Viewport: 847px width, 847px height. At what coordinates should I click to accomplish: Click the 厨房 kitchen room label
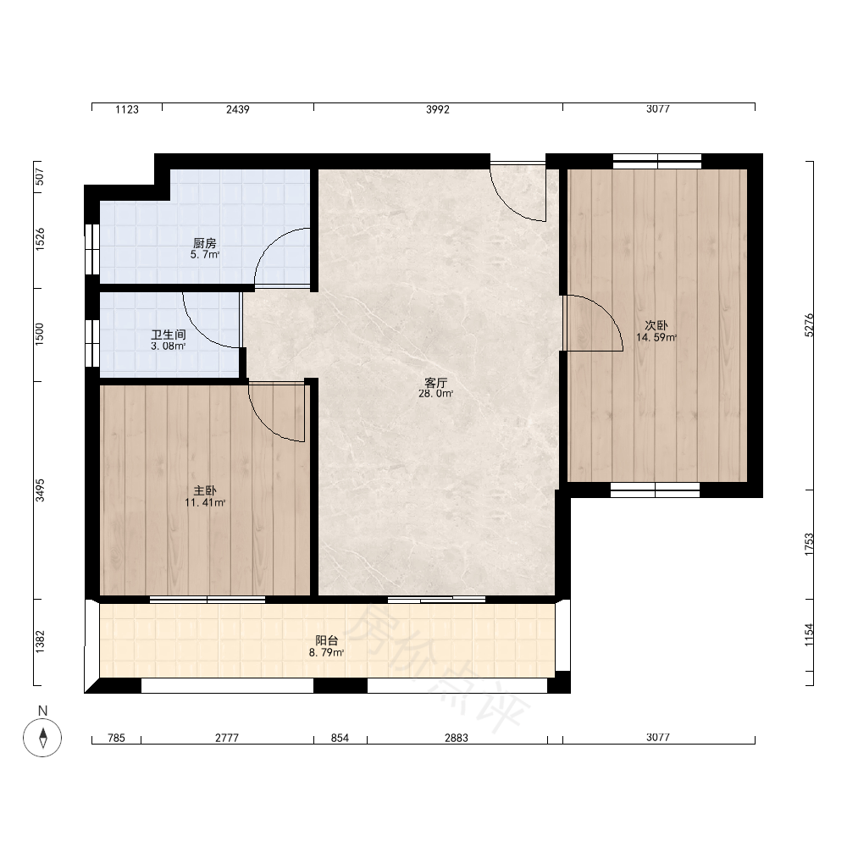pyautogui.click(x=205, y=244)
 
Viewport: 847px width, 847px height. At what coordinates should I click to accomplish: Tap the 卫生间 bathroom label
pyautogui.click(x=169, y=335)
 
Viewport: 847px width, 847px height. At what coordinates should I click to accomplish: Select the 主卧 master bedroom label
pyautogui.click(x=205, y=490)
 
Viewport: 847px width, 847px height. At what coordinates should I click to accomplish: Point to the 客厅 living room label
pyautogui.click(x=435, y=383)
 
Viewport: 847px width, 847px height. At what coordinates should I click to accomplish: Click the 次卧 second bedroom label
pyautogui.click(x=656, y=326)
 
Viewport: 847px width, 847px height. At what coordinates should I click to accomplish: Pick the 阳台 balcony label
pyautogui.click(x=326, y=640)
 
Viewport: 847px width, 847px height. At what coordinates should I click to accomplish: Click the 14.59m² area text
pyautogui.click(x=656, y=338)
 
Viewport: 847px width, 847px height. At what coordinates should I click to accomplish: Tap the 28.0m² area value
pyautogui.click(x=435, y=394)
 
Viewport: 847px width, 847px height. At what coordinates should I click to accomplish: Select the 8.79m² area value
pyautogui.click(x=326, y=652)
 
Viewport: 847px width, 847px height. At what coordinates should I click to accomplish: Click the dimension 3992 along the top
pyautogui.click(x=438, y=109)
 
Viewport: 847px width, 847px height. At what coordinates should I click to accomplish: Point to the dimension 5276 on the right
pyautogui.click(x=809, y=325)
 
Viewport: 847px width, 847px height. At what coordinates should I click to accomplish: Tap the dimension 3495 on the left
pyautogui.click(x=40, y=490)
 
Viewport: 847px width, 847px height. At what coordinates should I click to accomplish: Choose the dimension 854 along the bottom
pyautogui.click(x=340, y=738)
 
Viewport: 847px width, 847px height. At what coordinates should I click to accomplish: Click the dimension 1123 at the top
pyautogui.click(x=127, y=109)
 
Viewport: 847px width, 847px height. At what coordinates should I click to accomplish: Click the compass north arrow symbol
pyautogui.click(x=42, y=738)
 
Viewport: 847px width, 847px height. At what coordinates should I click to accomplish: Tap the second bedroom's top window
pyautogui.click(x=657, y=161)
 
